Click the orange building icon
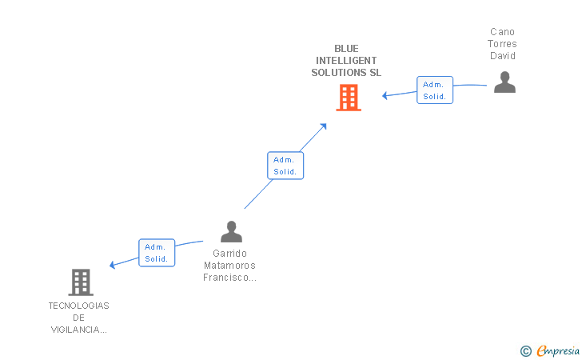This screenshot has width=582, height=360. pyautogui.click(x=349, y=98)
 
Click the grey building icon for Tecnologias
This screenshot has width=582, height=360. pyautogui.click(x=81, y=282)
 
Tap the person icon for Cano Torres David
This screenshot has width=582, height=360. pyautogui.click(x=504, y=82)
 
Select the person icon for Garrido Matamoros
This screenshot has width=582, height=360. pyautogui.click(x=231, y=231)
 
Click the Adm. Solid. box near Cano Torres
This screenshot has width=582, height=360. pyautogui.click(x=435, y=90)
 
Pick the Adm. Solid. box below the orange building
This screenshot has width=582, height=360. pyautogui.click(x=285, y=166)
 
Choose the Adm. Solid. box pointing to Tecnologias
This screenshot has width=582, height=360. pyautogui.click(x=156, y=253)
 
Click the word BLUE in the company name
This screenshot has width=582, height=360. pyautogui.click(x=346, y=49)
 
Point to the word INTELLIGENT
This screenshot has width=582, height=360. pyautogui.click(x=346, y=61)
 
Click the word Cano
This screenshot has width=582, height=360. pyautogui.click(x=504, y=32)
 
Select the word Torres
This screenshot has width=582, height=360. pyautogui.click(x=504, y=44)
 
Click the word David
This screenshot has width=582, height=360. pyautogui.click(x=504, y=56)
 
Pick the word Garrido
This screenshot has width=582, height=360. pyautogui.click(x=231, y=254)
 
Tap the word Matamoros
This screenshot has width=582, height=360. pyautogui.click(x=231, y=266)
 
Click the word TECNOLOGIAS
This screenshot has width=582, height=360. pyautogui.click(x=78, y=306)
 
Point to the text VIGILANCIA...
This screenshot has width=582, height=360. pyautogui.click(x=78, y=330)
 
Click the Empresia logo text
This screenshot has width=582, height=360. pyautogui.click(x=558, y=350)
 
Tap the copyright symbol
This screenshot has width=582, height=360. pyautogui.click(x=525, y=350)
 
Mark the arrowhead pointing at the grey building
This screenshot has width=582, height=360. pyautogui.click(x=113, y=265)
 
